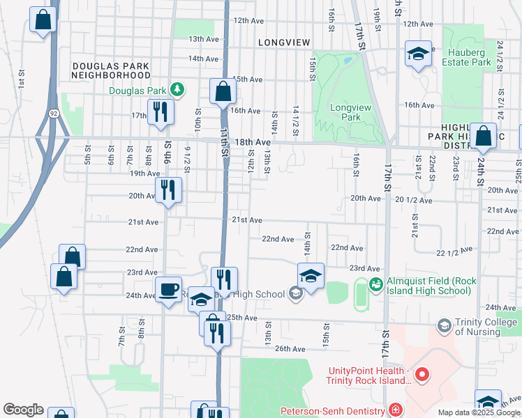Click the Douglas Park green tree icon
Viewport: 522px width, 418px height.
(x=178, y=90)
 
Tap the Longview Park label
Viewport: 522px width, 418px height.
(x=346, y=112)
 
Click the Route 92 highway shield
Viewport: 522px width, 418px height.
(x=54, y=112)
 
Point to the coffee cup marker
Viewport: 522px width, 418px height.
(x=169, y=289)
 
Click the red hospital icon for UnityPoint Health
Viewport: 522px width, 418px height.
(x=422, y=376)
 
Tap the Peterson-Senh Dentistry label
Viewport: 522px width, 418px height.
(x=334, y=411)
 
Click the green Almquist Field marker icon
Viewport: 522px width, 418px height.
(x=375, y=283)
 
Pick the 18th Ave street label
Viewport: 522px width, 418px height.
(x=252, y=141)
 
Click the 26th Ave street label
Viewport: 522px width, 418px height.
(x=290, y=348)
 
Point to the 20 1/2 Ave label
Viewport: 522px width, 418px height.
(x=414, y=200)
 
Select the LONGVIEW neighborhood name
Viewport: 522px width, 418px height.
(x=283, y=42)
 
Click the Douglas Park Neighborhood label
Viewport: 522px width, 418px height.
(x=111, y=70)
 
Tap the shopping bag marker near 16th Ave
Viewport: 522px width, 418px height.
(x=223, y=91)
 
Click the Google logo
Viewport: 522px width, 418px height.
(x=23, y=410)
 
